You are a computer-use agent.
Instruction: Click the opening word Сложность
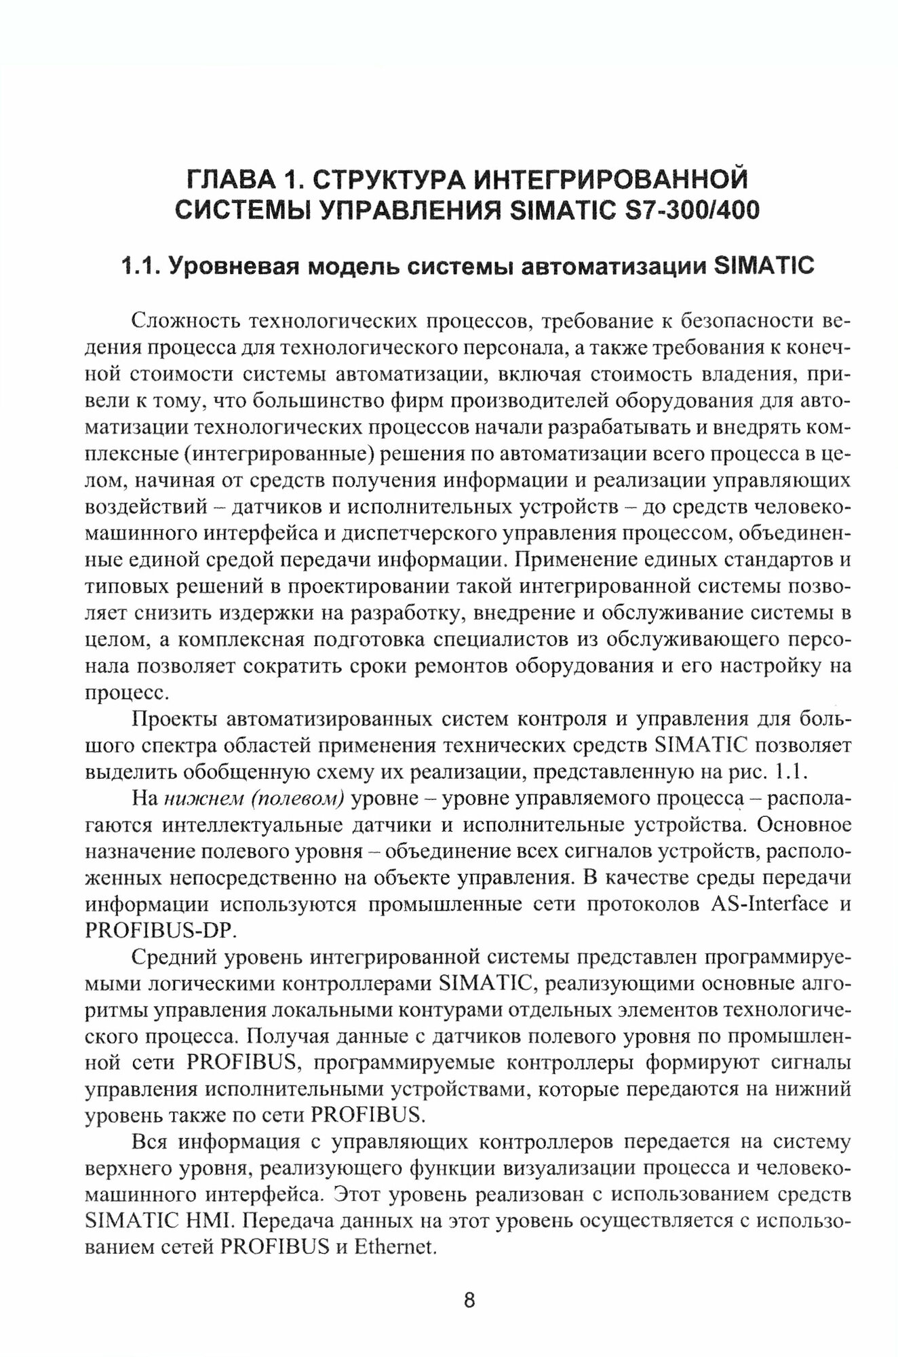(x=178, y=320)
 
